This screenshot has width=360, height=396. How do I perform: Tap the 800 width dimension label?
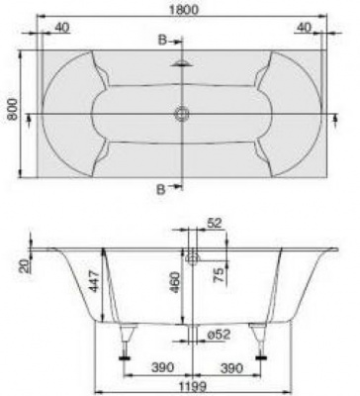point(14,109)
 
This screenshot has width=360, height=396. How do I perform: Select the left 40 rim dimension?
point(62,28)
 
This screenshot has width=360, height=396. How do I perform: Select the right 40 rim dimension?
point(304,28)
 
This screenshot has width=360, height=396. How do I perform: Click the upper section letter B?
point(162,41)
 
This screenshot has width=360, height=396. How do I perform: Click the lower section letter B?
point(161,189)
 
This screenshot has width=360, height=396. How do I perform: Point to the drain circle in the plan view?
point(182,114)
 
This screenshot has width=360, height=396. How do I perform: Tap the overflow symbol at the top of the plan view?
point(182,63)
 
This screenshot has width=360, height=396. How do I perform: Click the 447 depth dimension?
point(94,281)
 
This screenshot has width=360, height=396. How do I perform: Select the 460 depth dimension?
point(175,283)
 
